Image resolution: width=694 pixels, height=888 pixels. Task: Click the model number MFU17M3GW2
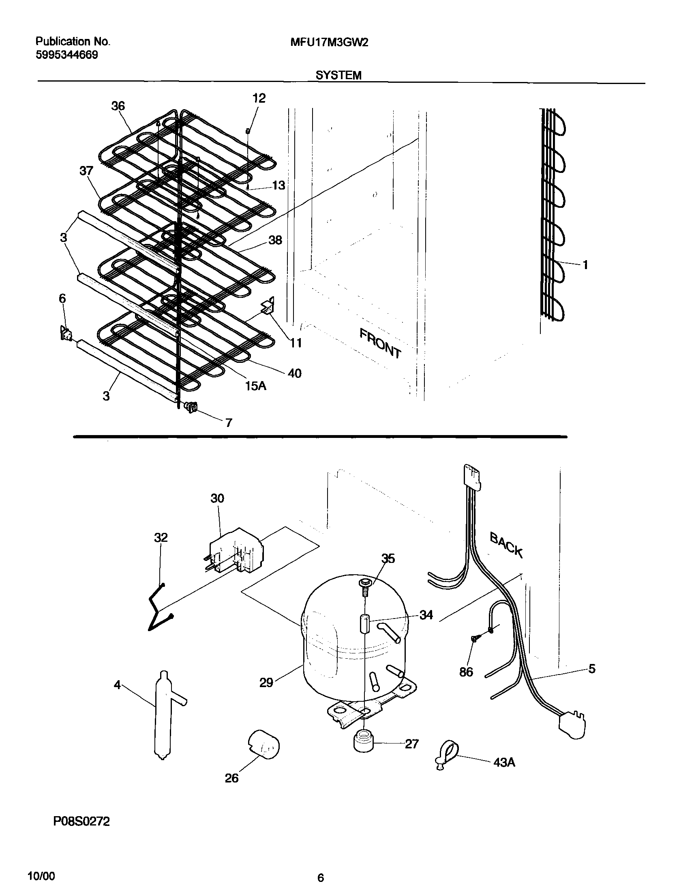330,43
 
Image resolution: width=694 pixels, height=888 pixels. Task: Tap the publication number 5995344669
66,55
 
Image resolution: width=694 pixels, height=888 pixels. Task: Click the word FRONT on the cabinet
380,343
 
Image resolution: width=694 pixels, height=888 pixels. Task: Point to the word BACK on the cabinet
506,544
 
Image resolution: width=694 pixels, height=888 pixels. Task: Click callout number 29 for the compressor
266,683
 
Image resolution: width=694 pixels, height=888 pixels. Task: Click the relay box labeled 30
236,551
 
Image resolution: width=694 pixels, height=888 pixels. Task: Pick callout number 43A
504,762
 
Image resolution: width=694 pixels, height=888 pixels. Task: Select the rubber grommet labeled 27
363,743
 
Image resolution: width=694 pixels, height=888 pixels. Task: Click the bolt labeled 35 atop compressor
364,585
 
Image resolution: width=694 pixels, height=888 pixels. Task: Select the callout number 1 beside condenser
585,265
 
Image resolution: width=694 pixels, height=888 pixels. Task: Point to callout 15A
255,386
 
